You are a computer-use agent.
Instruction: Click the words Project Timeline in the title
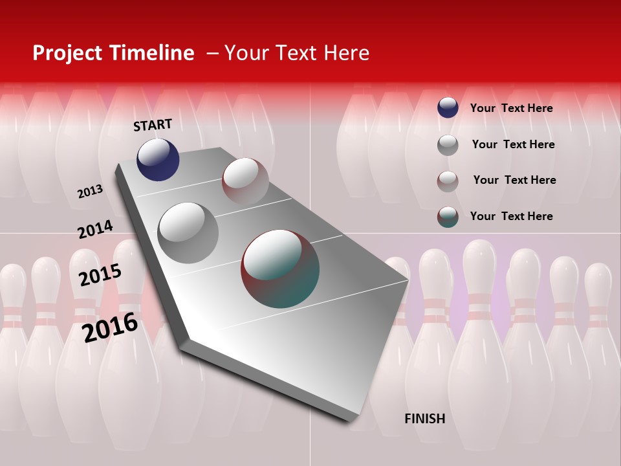tap(113, 53)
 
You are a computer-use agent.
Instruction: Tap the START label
tap(153, 125)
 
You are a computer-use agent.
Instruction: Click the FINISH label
tap(424, 419)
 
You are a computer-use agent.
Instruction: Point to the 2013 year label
tap(90, 192)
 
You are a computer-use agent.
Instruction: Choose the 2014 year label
tap(95, 230)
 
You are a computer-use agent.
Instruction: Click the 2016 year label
tap(110, 327)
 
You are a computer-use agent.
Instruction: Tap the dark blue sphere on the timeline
tap(158, 159)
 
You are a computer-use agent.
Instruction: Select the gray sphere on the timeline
tap(188, 232)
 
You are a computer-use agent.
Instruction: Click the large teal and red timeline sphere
tap(280, 269)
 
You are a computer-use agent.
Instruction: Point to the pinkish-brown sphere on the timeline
tap(245, 181)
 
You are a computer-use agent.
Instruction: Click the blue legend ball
tap(448, 107)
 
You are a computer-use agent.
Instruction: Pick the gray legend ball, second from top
tap(448, 145)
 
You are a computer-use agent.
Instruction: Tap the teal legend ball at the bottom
tap(448, 217)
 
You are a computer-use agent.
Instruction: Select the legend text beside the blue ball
tap(511, 108)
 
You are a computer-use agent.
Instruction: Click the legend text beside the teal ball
tap(511, 216)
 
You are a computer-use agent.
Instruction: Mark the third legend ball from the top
tap(448, 181)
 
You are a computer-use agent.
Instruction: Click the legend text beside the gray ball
tap(513, 144)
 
